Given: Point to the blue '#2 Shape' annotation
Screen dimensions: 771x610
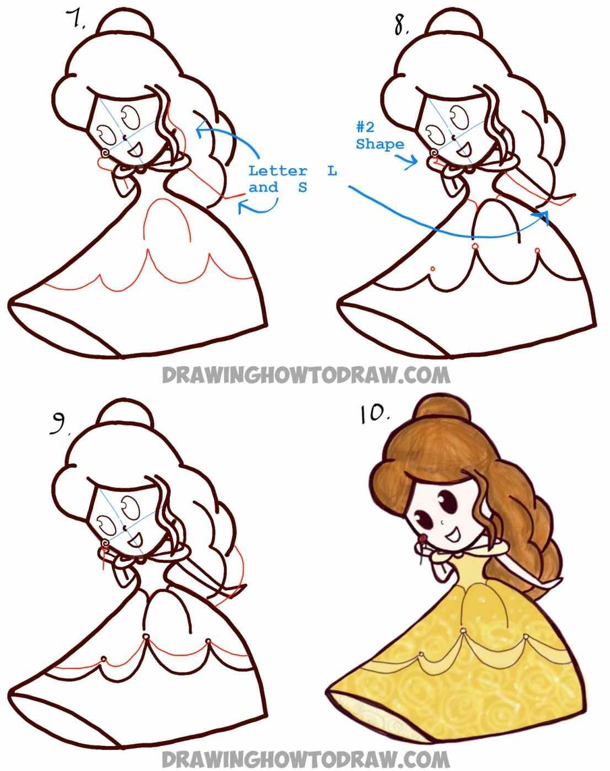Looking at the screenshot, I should [x=379, y=136].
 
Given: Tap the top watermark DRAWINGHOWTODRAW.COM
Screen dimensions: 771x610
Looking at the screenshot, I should [x=306, y=375].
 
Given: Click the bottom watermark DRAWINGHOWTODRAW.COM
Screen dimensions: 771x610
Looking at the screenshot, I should [x=306, y=756].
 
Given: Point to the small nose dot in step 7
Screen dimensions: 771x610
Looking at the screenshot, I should [x=125, y=136].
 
